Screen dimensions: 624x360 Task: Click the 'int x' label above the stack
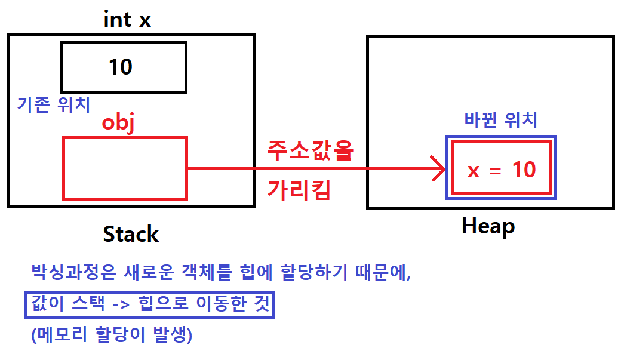127,20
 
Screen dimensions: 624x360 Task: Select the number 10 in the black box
120,67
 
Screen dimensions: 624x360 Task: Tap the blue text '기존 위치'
54,105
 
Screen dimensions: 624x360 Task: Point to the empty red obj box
125,168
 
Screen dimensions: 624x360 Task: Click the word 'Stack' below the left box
131,234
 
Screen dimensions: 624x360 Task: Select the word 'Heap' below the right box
488,226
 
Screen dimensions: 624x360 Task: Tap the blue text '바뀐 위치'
501,121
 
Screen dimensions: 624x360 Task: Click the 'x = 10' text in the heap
502,170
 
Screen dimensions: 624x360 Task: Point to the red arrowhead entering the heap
440,169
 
